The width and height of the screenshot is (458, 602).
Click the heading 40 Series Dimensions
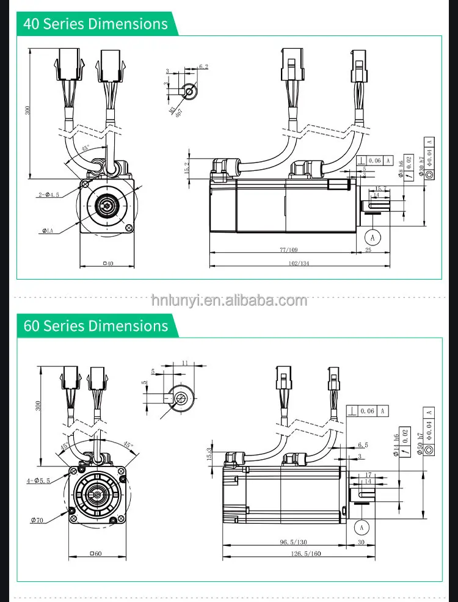(95, 24)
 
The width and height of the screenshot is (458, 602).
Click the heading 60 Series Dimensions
(95, 325)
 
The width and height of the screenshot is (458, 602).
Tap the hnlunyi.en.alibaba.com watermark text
(229, 300)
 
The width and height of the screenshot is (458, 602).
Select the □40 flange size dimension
(107, 263)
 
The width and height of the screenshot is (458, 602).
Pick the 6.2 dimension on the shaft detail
(203, 67)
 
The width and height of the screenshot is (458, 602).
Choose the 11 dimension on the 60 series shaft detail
(184, 363)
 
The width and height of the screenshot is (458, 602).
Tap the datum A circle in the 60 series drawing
(362, 526)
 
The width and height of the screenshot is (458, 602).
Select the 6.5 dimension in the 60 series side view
(362, 445)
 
